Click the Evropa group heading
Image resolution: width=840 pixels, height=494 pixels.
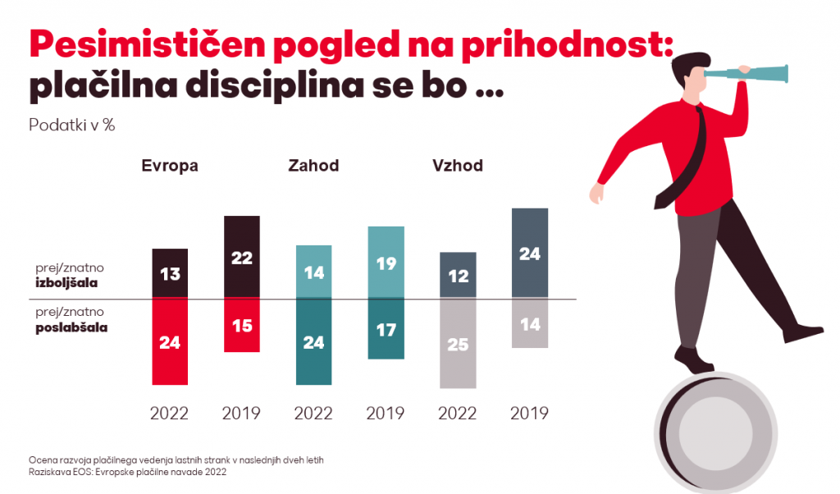click(x=170, y=166)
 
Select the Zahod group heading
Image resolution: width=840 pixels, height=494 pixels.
click(x=313, y=166)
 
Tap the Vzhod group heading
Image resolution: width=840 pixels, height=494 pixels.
click(x=458, y=166)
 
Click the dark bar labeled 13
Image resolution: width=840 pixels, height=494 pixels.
click(x=170, y=273)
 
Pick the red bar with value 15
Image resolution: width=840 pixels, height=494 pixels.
click(x=241, y=326)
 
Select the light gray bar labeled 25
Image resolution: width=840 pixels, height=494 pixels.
click(x=458, y=344)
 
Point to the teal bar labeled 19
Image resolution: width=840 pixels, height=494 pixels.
click(x=386, y=263)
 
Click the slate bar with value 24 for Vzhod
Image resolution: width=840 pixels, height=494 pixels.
click(x=529, y=254)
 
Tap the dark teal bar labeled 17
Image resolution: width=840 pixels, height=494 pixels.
click(x=386, y=329)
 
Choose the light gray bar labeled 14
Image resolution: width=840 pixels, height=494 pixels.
click(x=529, y=324)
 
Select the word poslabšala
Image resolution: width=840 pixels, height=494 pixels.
click(x=72, y=327)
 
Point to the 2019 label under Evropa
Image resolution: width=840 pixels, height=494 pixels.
click(x=241, y=413)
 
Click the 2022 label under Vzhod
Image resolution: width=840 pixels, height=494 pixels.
click(x=458, y=413)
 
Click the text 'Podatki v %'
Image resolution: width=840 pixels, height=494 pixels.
click(x=72, y=126)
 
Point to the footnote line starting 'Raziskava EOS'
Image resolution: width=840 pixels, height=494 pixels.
click(x=127, y=472)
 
